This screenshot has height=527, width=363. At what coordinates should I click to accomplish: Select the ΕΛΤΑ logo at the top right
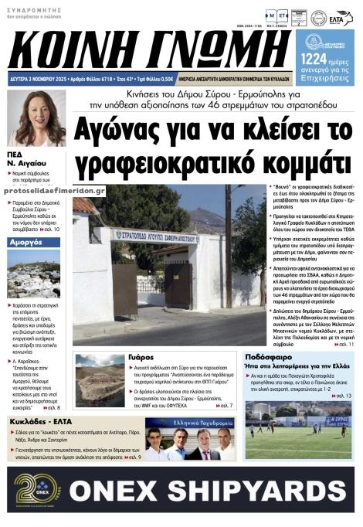[x=338, y=18]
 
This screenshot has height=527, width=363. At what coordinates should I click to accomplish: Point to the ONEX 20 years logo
[x=36, y=488]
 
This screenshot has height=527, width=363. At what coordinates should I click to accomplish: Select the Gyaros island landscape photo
[x=100, y=379]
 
